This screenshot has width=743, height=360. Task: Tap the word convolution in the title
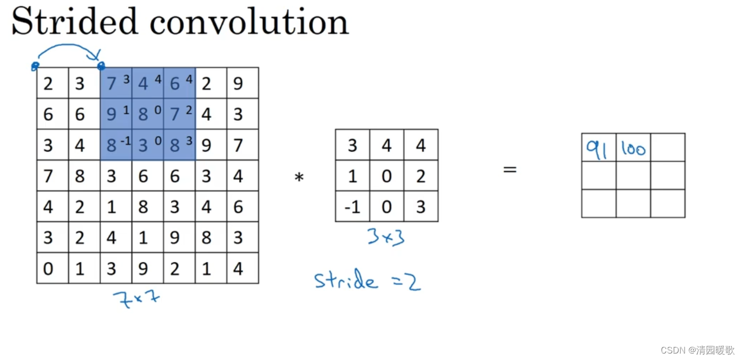click(249, 23)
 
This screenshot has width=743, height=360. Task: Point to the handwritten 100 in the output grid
click(633, 148)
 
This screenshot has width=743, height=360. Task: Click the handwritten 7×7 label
click(136, 299)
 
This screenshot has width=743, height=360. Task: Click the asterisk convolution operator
click(299, 177)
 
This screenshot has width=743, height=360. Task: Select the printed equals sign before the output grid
click(510, 169)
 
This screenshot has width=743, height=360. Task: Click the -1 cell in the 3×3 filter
click(352, 207)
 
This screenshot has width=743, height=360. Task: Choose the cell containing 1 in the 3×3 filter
click(352, 176)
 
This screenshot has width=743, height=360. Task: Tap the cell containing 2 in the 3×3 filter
click(420, 176)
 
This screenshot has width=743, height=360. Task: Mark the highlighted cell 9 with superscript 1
click(116, 114)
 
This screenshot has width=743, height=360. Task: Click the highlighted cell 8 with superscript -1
click(116, 145)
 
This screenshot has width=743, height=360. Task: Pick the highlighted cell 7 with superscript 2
click(179, 114)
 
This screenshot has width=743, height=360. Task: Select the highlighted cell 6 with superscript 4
click(179, 83)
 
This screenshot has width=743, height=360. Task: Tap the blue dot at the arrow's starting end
click(35, 67)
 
